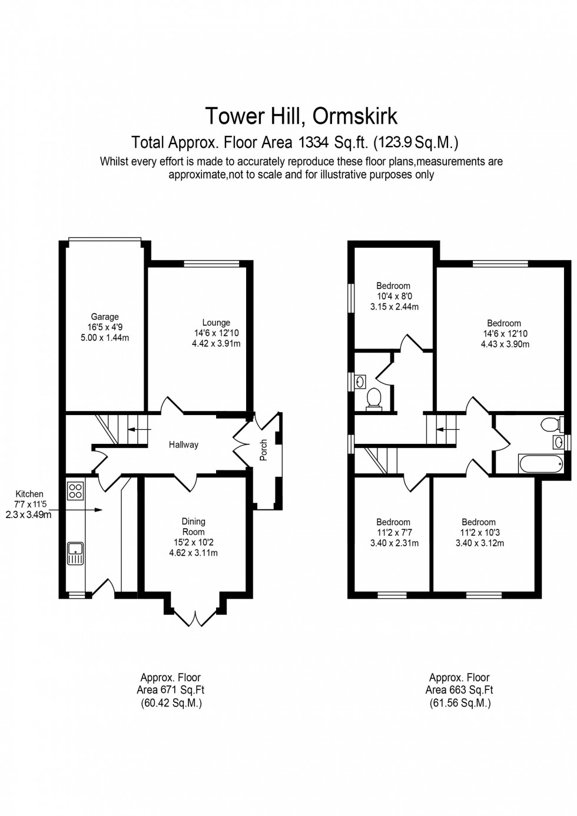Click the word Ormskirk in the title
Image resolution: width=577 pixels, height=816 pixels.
pos(354,116)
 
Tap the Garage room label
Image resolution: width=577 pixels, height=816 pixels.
pos(105,317)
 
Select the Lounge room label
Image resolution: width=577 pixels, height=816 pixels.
pos(216,323)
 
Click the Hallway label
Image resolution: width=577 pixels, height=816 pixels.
pos(183,445)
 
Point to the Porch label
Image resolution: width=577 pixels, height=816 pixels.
pos(264,450)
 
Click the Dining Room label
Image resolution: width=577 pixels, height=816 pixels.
pos(193,526)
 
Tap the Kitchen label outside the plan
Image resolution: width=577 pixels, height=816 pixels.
pos(29,494)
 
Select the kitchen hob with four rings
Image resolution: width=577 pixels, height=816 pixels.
pos(75,490)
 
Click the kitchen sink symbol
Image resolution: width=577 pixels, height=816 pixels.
pos(75,553)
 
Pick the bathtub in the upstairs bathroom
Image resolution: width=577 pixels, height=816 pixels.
pos(541,463)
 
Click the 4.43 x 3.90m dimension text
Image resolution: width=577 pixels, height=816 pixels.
pos(505,344)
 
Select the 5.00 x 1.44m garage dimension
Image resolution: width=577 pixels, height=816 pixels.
pos(105,338)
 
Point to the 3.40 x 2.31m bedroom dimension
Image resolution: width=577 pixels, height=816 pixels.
pos(394,543)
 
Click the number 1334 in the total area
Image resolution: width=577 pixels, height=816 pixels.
pos(316,142)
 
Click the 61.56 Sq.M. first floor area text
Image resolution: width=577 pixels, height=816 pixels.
pos(459,703)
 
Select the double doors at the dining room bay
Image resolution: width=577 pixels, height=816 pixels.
pos(194,616)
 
